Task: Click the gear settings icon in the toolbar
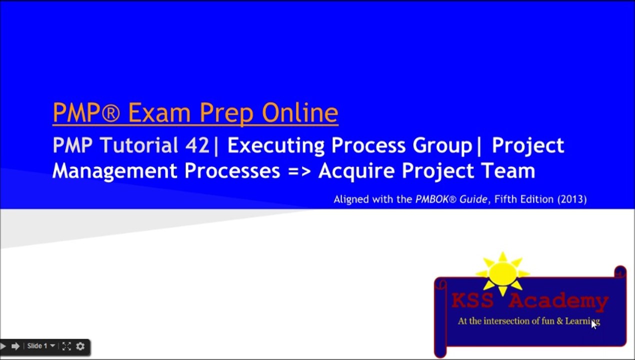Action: point(80,346)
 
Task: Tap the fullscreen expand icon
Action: point(66,346)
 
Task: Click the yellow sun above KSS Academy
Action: point(502,274)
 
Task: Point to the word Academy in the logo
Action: point(558,301)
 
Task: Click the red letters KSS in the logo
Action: point(473,301)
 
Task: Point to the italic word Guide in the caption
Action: point(473,199)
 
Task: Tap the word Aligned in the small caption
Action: point(351,199)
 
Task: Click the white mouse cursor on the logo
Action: point(594,324)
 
